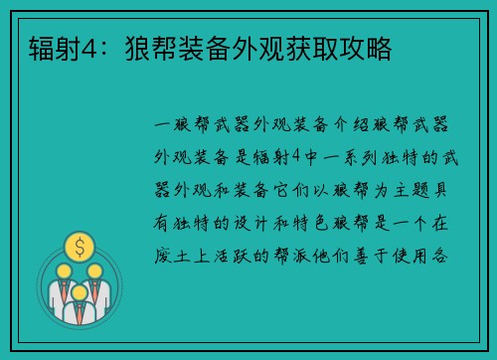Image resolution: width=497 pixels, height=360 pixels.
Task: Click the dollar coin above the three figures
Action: [77, 244]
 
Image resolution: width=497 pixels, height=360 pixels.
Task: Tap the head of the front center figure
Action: [77, 287]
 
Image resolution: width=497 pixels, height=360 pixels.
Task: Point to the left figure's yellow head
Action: [61, 270]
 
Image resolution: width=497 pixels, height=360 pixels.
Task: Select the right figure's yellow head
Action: [93, 270]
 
